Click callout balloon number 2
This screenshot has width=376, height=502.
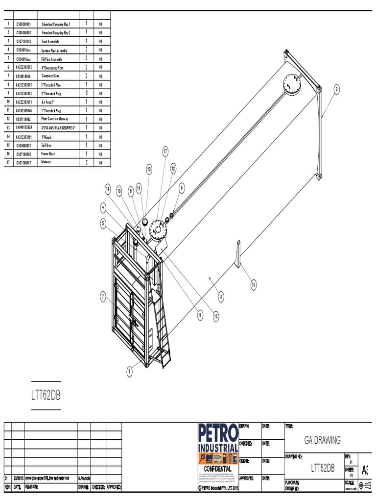[337, 89]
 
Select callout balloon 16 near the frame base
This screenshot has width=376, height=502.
[254, 284]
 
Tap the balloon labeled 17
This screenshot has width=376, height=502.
[165, 152]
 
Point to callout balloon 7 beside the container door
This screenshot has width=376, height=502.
[103, 296]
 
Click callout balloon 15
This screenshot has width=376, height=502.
[215, 317]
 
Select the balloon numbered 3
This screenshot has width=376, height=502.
[221, 296]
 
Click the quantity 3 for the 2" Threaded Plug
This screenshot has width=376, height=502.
[86, 93]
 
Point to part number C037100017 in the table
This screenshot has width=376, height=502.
[23, 163]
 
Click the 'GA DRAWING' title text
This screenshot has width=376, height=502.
[322, 440]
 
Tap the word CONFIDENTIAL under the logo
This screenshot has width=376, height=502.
[216, 469]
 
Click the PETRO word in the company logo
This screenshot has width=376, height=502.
[217, 433]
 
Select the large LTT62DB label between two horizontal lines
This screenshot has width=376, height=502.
[46, 395]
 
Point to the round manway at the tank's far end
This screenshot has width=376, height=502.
[293, 84]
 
